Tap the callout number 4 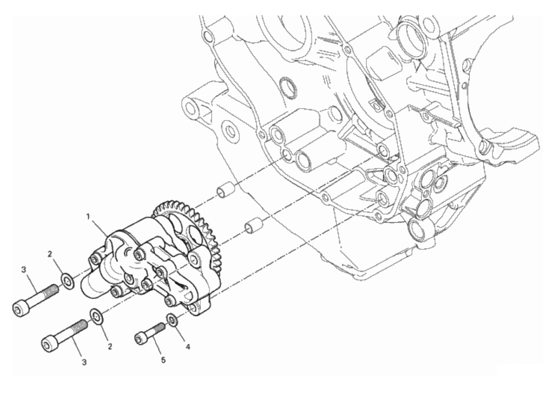coord(188,347)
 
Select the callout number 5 coord(163,360)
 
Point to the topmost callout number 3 coord(23,270)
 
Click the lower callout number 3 coord(84,362)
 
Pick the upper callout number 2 coord(50,254)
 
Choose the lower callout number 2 coord(110,346)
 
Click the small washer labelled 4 coord(172,320)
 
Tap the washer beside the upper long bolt coord(68,282)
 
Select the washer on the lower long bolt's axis coord(97,317)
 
